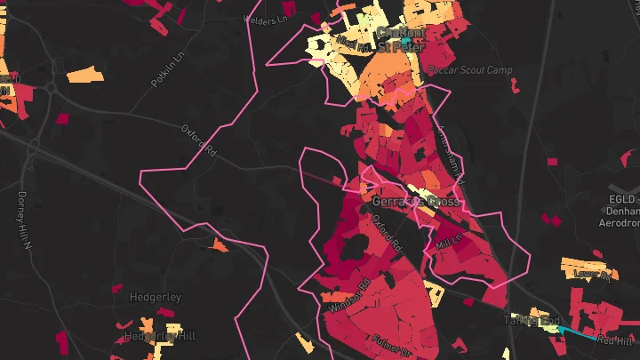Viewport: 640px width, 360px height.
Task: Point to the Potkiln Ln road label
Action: tap(165, 70)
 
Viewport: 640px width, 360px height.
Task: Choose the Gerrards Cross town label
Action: tap(411, 201)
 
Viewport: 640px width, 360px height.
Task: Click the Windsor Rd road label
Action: tap(349, 297)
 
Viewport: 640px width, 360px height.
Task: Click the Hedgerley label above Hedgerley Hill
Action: tap(156, 297)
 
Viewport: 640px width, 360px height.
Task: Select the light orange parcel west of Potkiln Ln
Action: tap(85, 74)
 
